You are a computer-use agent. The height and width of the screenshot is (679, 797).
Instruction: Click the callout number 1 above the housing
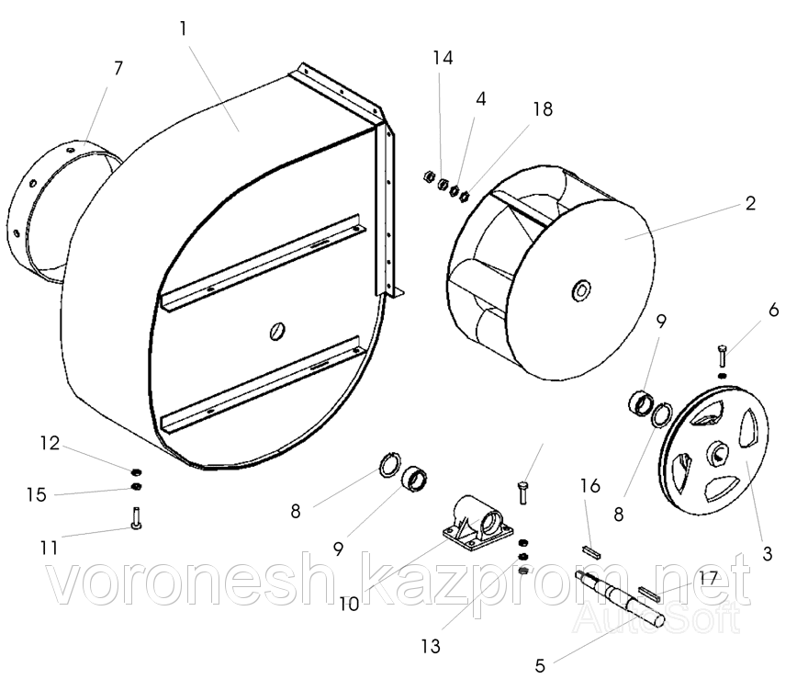tap(183, 28)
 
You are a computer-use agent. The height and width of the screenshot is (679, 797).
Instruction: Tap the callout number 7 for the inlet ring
tap(118, 68)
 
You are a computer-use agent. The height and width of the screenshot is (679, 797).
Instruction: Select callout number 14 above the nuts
tap(443, 58)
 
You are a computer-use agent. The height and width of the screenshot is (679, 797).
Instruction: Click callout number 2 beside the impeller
tap(751, 203)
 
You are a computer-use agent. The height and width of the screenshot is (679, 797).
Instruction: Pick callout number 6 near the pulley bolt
tap(774, 310)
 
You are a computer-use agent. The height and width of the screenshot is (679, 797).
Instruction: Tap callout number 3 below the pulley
tap(767, 553)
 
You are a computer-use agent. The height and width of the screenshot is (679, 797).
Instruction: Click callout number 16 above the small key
tap(590, 486)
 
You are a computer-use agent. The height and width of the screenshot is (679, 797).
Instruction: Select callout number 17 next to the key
tap(708, 577)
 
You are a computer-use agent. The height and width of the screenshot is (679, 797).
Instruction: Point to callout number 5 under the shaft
tap(540, 665)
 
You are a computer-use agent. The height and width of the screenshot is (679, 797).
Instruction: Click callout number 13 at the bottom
tap(431, 647)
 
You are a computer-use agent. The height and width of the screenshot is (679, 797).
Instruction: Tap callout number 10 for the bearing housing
tap(349, 605)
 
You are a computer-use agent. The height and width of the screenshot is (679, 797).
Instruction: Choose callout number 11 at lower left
tap(50, 548)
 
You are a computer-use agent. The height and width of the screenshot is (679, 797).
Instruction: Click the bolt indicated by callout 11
tap(136, 518)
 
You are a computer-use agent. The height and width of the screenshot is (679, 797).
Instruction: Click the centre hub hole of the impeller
tap(581, 290)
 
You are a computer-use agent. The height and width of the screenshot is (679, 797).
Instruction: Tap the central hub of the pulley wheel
tap(718, 452)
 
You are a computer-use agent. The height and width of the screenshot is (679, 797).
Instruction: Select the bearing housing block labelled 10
tap(473, 524)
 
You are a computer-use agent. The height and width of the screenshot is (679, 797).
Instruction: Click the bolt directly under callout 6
tap(723, 355)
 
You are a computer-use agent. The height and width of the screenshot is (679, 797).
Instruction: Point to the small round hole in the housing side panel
tap(277, 331)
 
